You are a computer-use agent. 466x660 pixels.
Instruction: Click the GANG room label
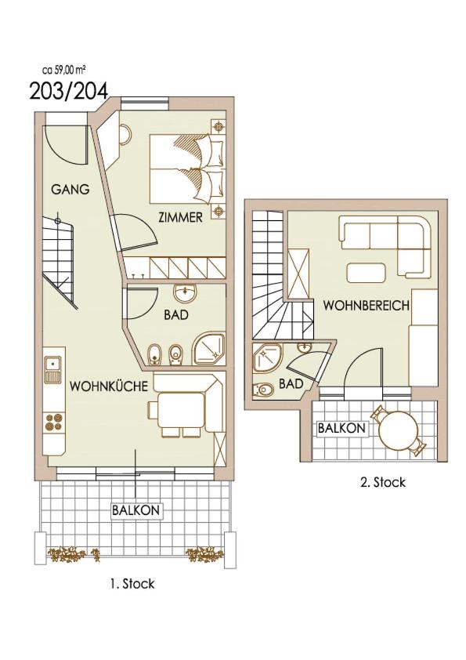70,190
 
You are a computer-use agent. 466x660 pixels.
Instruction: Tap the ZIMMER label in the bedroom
180,217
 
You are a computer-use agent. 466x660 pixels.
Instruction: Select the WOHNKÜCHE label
109,386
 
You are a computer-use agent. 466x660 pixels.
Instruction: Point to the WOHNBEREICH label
366,305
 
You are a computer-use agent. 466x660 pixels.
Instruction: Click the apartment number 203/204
69,91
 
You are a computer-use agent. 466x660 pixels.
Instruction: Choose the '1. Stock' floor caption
132,584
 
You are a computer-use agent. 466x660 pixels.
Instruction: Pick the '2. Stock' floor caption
383,482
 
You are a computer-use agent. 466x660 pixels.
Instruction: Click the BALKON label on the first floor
135,510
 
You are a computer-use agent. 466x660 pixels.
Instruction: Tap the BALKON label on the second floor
341,429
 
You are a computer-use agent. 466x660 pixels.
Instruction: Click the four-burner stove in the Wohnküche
54,422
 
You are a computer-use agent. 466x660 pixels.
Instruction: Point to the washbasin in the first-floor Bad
185,293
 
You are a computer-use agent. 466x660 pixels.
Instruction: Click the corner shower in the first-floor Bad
208,349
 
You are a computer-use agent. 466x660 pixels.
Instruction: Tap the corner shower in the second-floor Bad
266,357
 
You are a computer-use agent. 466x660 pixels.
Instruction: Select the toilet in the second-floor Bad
263,390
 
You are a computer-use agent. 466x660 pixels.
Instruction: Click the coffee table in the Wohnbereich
366,273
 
